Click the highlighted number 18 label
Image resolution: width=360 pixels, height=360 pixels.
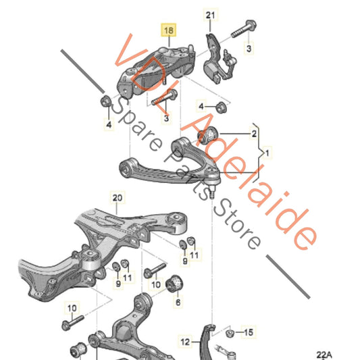tap(168, 30)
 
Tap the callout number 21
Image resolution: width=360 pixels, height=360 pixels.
tap(210, 15)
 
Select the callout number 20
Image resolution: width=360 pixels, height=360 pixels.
tap(118, 198)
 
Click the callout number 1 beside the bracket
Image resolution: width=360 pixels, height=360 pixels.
tap(267, 155)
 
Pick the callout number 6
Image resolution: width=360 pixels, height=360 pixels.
tap(178, 303)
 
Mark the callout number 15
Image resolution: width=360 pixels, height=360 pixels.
tap(249, 332)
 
